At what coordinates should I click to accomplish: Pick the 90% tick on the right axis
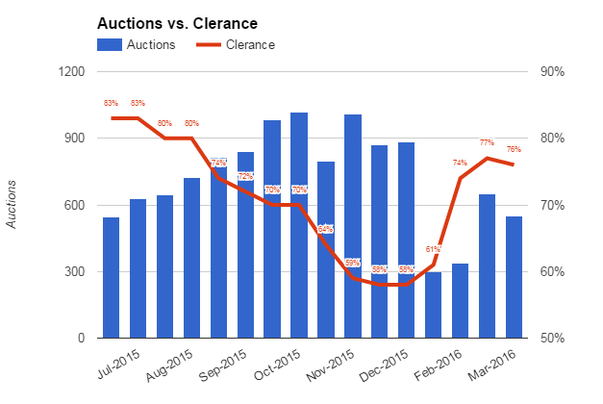tap(551, 72)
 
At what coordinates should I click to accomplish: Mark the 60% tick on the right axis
tap(551, 272)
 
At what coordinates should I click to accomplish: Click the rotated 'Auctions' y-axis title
tap(12, 205)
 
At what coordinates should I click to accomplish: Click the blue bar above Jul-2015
tap(112, 278)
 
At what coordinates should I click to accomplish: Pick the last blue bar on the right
tap(515, 277)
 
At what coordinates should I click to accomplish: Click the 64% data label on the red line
tap(326, 229)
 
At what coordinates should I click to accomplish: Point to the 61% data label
tap(433, 249)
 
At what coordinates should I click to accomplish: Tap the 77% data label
tap(487, 142)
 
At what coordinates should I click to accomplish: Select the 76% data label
tap(514, 149)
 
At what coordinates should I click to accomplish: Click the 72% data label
tap(245, 176)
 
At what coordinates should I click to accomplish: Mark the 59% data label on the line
tap(353, 263)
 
